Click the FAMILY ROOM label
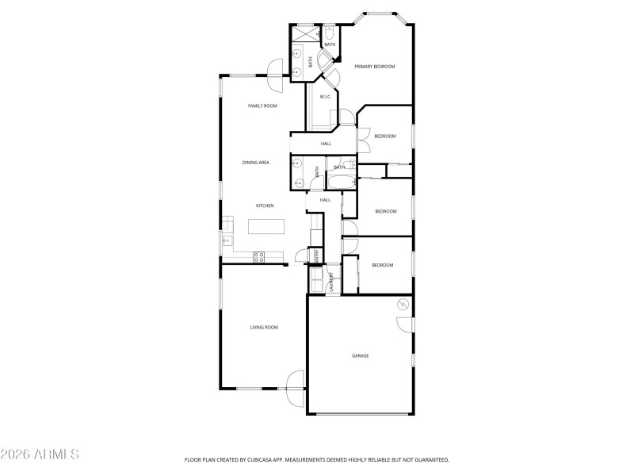[262, 106]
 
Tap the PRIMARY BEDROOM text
[374, 67]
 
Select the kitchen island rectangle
[265, 227]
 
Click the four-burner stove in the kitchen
[258, 255]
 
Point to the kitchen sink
[227, 240]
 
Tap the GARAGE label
[361, 355]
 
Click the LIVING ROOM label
[264, 327]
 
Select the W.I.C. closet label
[325, 97]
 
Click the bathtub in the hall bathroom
[341, 182]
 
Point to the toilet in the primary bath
[328, 34]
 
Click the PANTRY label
[317, 255]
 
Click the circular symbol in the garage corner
[403, 305]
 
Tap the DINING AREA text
[256, 163]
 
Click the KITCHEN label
[265, 205]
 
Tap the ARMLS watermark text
[40, 455]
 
